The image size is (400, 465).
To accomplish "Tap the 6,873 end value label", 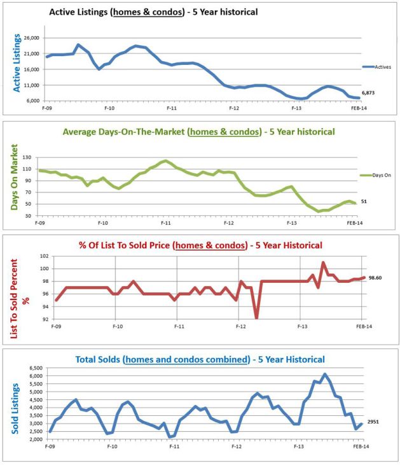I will [x=369, y=93].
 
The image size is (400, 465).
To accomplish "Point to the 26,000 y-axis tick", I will [x=31, y=38].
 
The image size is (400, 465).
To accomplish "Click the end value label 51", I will [x=365, y=202].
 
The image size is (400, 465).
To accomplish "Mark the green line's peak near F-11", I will [x=165, y=161].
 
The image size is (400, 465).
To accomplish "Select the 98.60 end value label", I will [x=375, y=278].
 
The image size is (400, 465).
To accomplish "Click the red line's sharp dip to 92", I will [x=256, y=318].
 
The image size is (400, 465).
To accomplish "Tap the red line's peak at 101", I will [x=323, y=262].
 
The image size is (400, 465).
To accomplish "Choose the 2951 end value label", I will [x=373, y=422].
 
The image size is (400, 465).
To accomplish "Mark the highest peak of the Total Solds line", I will [x=324, y=375].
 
